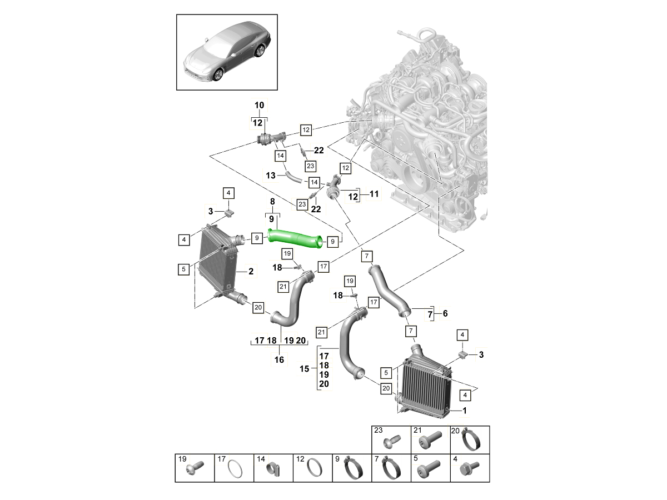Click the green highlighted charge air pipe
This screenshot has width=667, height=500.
pyautogui.click(x=295, y=237)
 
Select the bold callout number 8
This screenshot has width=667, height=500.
pyautogui.click(x=272, y=202)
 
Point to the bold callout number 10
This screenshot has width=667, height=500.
pyautogui.click(x=260, y=106)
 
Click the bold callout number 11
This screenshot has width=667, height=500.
pyautogui.click(x=374, y=194)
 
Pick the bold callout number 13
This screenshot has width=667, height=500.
pyautogui.click(x=271, y=175)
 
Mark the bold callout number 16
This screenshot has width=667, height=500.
pyautogui.click(x=279, y=360)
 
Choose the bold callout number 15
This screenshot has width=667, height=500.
pyautogui.click(x=304, y=369)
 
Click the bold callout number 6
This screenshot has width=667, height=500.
pyautogui.click(x=445, y=314)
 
